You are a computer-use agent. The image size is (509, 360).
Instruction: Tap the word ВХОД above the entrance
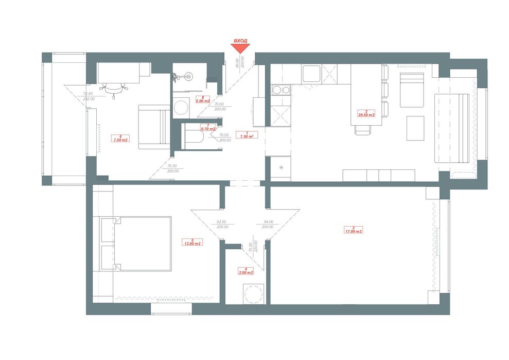pyautogui.click(x=240, y=40)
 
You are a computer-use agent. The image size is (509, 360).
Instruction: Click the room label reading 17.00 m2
pyautogui.click(x=353, y=230)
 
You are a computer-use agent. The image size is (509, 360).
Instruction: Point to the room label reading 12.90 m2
pyautogui.click(x=192, y=242)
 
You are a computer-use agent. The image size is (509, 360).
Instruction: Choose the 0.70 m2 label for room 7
pyautogui.click(x=207, y=127)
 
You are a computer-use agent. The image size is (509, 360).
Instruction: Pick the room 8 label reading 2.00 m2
pyautogui.click(x=203, y=99)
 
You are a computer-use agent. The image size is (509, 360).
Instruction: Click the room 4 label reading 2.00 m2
pyautogui.click(x=245, y=271)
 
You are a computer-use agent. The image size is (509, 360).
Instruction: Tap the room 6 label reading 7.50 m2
pyautogui.click(x=120, y=138)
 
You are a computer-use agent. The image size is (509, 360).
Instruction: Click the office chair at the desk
pyautogui.click(x=114, y=89)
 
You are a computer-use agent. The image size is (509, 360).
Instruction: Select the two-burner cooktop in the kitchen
pyautogui.click(x=280, y=91)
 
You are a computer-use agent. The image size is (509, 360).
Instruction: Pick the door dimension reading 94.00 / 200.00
pyautogui.click(x=267, y=224)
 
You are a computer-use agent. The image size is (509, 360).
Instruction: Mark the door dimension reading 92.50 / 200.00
pyautogui.click(x=223, y=224)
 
